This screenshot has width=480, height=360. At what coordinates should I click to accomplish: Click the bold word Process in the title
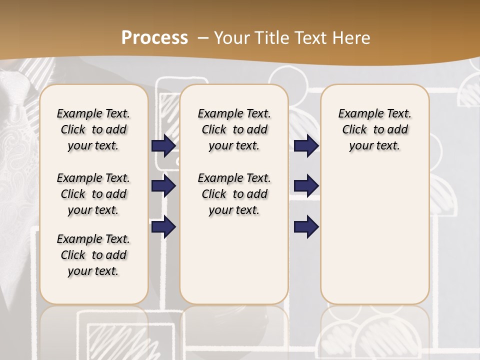click(154, 38)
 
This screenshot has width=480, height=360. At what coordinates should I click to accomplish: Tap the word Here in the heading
click(352, 38)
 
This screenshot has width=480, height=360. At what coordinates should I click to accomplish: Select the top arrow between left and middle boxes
click(163, 145)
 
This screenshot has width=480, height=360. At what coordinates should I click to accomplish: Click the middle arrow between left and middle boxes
click(163, 186)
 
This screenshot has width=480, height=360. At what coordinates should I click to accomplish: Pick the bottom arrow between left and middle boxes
click(163, 226)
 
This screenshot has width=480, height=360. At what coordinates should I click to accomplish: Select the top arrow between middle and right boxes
click(306, 145)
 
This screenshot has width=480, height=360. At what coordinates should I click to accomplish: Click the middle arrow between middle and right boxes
click(306, 186)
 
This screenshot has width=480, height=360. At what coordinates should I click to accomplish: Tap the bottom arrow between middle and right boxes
click(306, 226)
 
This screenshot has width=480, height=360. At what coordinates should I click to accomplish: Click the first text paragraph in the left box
click(93, 129)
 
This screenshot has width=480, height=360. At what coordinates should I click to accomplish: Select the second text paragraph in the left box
click(93, 194)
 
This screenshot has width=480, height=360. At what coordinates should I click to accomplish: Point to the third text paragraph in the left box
click(93, 255)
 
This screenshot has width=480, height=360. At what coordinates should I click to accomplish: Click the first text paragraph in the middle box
click(234, 129)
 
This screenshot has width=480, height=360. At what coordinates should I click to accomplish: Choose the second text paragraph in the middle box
click(234, 194)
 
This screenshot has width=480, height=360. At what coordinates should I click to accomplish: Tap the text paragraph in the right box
click(375, 129)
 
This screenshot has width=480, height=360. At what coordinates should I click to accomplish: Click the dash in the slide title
click(203, 38)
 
